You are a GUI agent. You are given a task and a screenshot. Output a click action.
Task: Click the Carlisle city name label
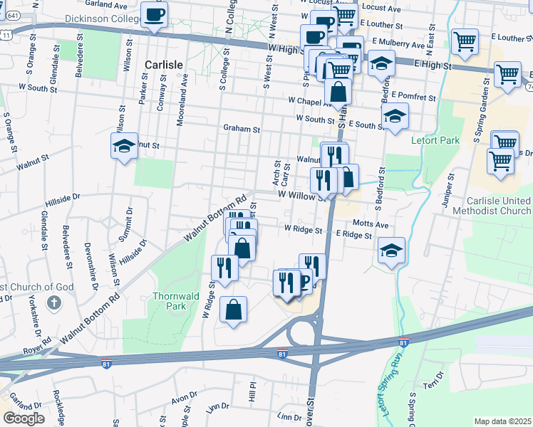pyautogui.click(x=164, y=64)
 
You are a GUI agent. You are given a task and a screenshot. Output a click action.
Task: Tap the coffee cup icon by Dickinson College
pyautogui.click(x=154, y=14)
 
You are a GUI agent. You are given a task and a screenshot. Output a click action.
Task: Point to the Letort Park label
pyautogui.click(x=435, y=140)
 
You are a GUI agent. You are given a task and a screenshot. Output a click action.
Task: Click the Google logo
pyautogui.click(x=24, y=418)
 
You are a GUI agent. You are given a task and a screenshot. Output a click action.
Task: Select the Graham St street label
pyautogui.click(x=242, y=130)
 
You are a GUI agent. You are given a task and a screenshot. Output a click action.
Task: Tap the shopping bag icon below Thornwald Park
pyautogui.click(x=233, y=310)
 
